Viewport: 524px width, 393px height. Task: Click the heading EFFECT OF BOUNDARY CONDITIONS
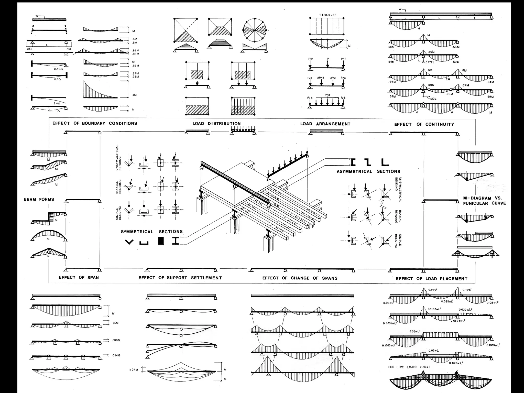(95, 123)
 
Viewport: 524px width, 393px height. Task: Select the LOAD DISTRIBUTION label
(216, 124)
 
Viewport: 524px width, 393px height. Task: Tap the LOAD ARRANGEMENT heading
(325, 124)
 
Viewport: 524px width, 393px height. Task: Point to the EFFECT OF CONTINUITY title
(424, 124)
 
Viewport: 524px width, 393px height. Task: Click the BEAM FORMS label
(39, 200)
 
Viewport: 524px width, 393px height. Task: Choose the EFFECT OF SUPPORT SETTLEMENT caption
(180, 278)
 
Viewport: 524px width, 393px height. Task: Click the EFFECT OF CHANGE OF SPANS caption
(300, 278)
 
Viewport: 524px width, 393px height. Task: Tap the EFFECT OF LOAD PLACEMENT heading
(431, 279)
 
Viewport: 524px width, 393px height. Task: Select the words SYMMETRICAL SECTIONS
(152, 232)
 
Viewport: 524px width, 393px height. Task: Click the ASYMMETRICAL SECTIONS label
(368, 172)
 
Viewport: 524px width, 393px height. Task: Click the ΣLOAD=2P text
(328, 15)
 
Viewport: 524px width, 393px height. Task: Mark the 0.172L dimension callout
(430, 62)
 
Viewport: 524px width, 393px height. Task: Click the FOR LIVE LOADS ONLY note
(409, 367)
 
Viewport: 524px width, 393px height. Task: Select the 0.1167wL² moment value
(434, 309)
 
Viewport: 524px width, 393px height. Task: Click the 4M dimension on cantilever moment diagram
(134, 95)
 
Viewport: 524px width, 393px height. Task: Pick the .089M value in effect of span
(116, 340)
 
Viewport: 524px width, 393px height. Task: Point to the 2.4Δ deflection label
(56, 103)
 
